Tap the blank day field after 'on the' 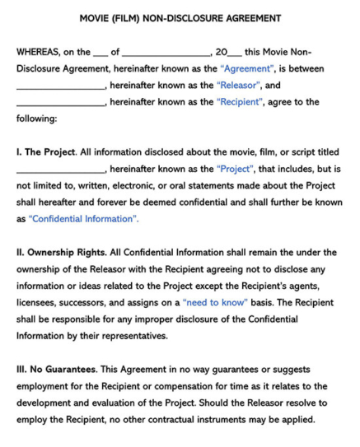101,54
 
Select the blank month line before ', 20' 166,54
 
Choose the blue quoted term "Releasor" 239,85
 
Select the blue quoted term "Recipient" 241,102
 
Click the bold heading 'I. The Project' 46,152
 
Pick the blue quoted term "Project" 235,169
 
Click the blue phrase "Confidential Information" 83,219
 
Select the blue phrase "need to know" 215,302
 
